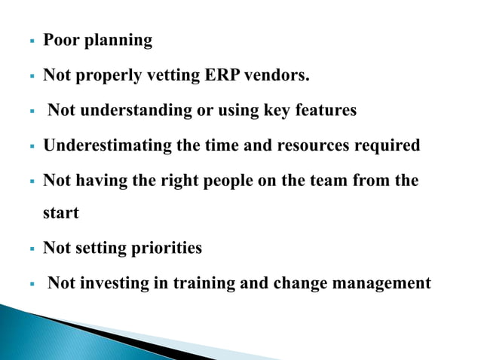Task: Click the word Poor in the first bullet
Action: pos(60,41)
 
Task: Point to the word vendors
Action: pos(283,75)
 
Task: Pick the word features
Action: pos(325,111)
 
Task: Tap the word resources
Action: pos(305,146)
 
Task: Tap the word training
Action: pos(204,285)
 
